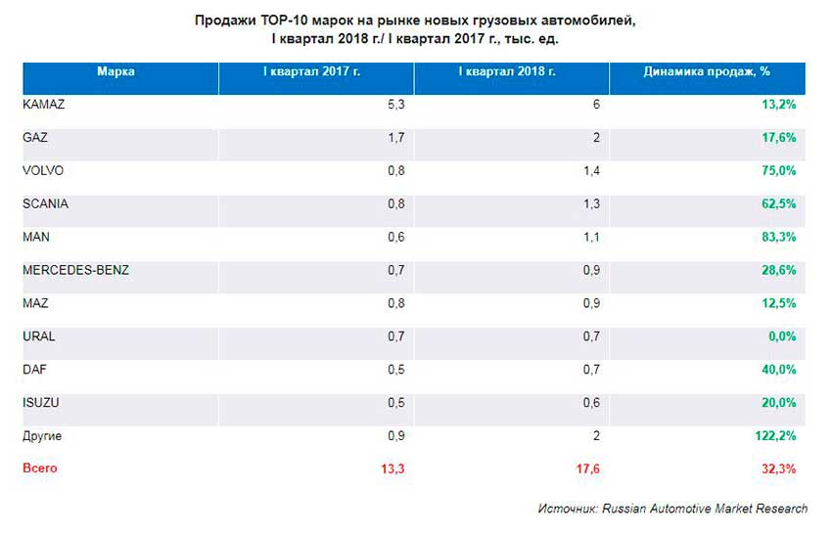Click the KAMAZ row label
(x=42, y=105)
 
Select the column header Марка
(x=116, y=71)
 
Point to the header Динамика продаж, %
(x=707, y=71)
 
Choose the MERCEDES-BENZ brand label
(x=74, y=270)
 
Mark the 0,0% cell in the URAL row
(x=781, y=336)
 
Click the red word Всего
(x=40, y=468)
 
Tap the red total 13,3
(x=392, y=469)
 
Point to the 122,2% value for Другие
(x=775, y=436)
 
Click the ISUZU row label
(x=40, y=402)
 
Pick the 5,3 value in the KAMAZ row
(x=396, y=105)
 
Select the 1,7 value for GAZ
(x=396, y=138)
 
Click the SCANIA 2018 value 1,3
(x=590, y=204)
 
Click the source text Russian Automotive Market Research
(x=705, y=509)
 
